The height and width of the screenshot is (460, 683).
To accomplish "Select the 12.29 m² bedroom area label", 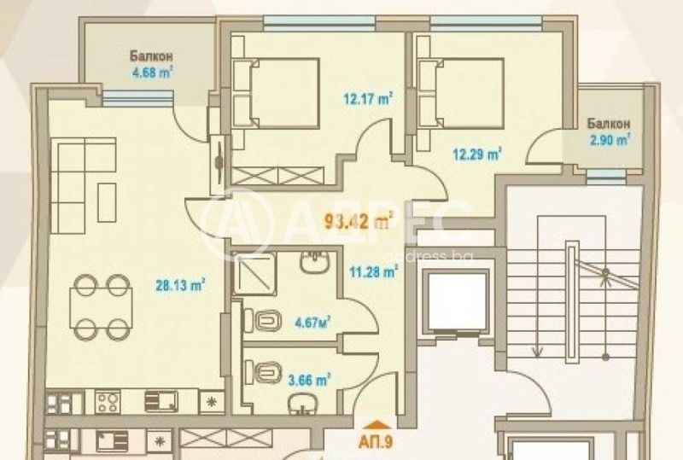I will tap(476, 154).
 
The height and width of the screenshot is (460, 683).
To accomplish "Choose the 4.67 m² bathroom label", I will tap(311, 322).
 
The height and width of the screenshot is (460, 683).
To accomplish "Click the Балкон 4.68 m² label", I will tap(152, 65).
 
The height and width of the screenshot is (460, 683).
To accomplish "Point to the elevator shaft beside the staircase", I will tap(458, 301).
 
